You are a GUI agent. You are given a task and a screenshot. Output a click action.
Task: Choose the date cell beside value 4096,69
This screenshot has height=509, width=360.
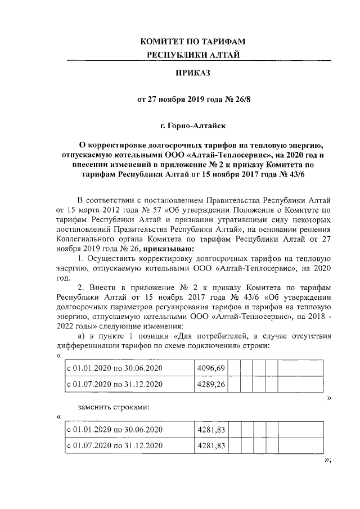coord(115,368)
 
